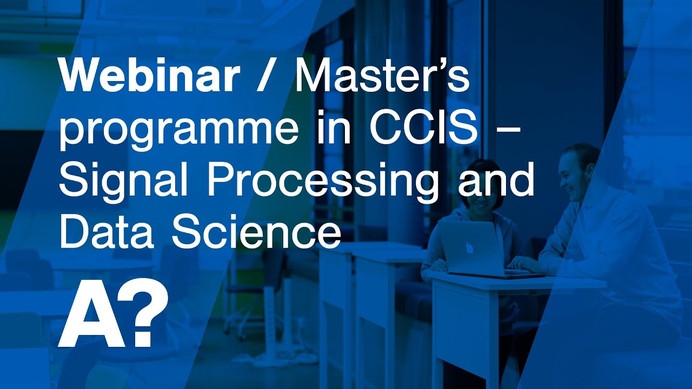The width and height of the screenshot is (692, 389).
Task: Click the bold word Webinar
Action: click(149, 77)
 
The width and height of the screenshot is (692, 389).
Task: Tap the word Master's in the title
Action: click(382, 77)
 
